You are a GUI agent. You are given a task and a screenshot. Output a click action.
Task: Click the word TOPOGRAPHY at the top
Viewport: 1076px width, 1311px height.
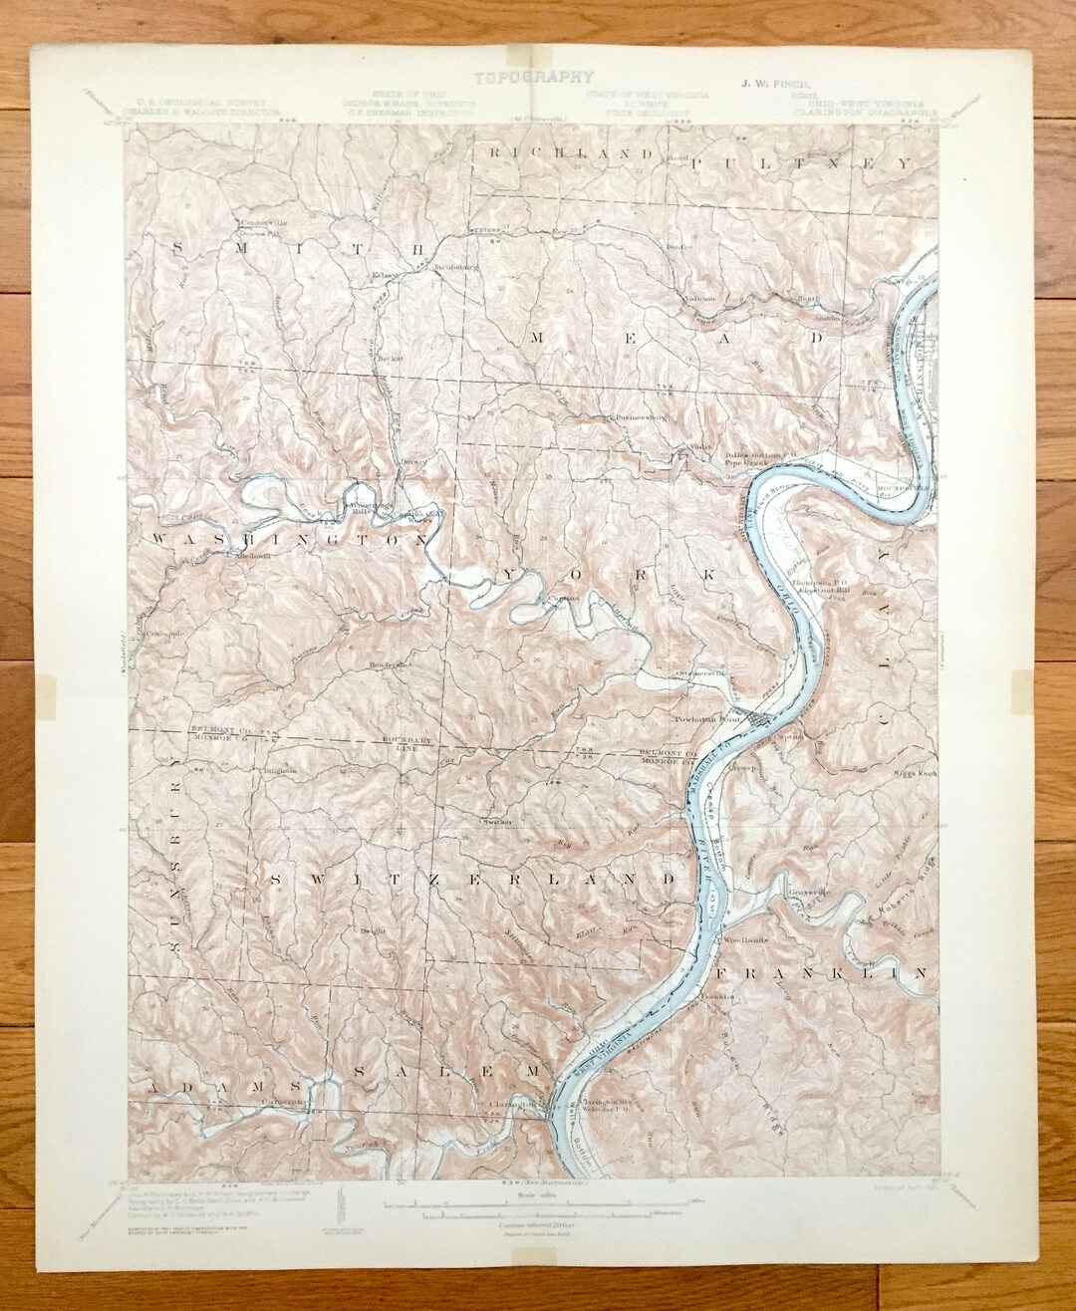534,76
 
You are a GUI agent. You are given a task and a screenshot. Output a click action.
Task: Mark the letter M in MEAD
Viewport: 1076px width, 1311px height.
536,338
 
